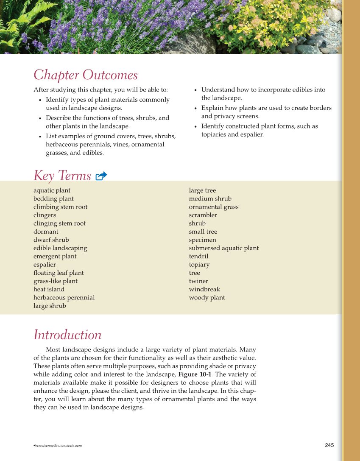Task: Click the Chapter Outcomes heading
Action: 85,75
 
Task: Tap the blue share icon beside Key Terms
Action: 101,176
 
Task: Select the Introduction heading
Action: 67,335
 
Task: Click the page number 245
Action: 329,445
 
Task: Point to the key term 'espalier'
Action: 45,265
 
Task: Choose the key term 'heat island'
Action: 49,289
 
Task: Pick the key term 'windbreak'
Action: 204,289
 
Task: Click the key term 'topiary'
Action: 199,265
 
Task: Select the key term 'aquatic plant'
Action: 52,190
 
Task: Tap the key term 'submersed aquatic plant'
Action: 223,248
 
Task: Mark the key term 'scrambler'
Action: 203,215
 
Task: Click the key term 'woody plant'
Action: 207,298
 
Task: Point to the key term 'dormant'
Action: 46,232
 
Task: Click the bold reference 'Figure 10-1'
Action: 195,374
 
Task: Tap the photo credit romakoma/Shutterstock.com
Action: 59,446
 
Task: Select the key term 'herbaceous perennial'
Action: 64,298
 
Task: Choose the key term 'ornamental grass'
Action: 214,207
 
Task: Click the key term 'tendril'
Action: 198,256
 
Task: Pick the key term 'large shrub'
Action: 50,306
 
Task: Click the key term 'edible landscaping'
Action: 60,248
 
